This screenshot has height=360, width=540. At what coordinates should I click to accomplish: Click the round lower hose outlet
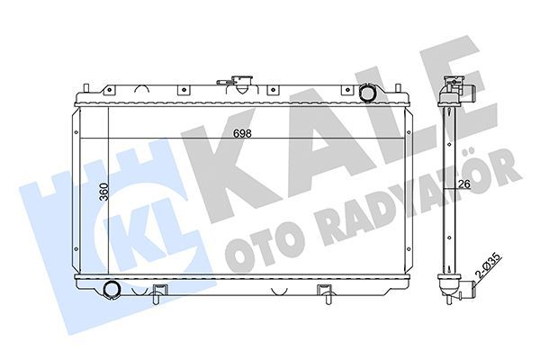(x=112, y=289)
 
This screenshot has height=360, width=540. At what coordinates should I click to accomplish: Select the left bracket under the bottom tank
(x=159, y=292)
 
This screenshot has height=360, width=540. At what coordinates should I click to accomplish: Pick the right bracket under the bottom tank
(x=324, y=292)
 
